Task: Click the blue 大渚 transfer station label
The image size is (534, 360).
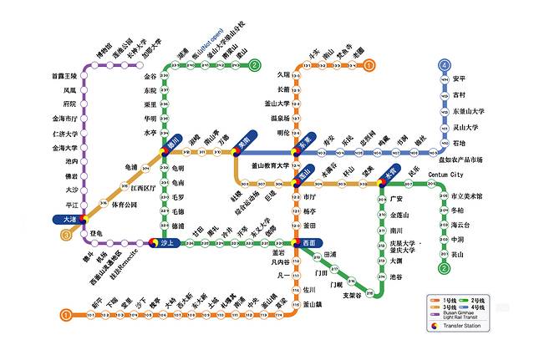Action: tap(70, 219)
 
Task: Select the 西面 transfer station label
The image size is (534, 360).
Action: tap(309, 242)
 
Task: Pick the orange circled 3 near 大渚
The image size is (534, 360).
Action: tap(65, 235)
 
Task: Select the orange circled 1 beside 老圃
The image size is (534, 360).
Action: tap(370, 64)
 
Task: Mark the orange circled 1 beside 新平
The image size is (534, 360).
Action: tap(65, 314)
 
